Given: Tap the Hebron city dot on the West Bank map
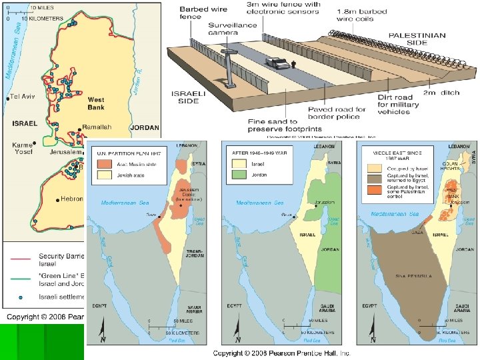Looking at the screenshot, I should pyautogui.click(x=57, y=199).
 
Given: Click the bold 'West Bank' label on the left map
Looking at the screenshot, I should pyautogui.click(x=96, y=104).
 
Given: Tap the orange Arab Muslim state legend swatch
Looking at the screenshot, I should pyautogui.click(x=104, y=163).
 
